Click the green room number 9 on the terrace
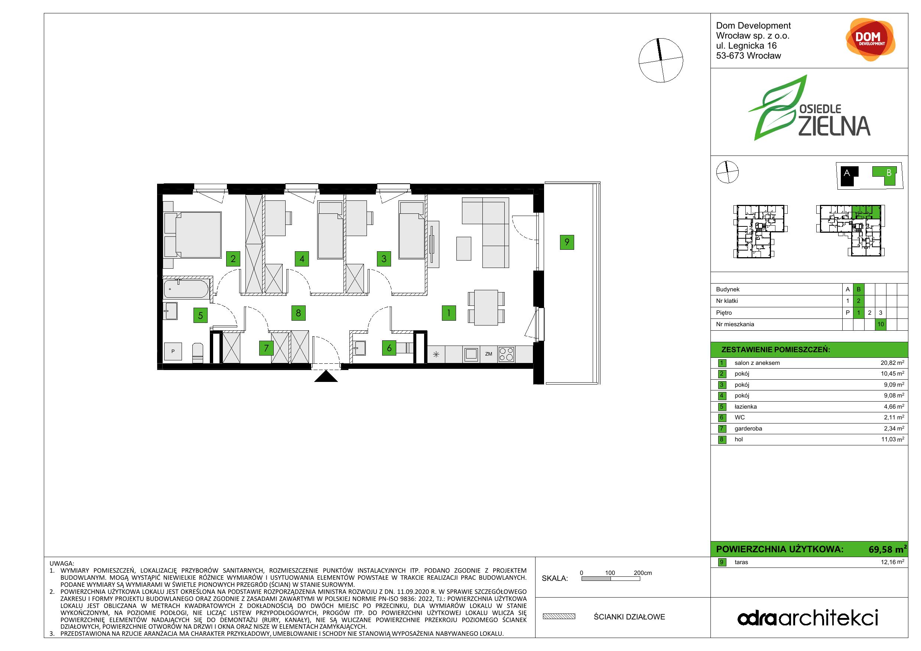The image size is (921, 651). tap(567, 242)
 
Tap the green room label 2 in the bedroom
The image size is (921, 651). tap(233, 259)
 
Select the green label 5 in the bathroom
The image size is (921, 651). tap(201, 315)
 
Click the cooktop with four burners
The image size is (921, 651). tap(506, 354)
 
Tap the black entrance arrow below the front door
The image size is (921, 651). tap(326, 376)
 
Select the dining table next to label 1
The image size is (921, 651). tap(486, 307)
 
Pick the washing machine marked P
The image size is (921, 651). tap(173, 351)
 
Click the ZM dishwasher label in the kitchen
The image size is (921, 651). tap(489, 354)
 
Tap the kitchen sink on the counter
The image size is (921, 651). tap(471, 354)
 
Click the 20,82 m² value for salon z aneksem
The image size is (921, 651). tap(892, 363)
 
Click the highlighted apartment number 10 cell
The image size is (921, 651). tap(881, 324)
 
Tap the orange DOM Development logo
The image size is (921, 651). tap(870, 39)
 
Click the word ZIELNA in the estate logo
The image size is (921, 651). tap(834, 126)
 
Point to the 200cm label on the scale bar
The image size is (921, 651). tap(642, 573)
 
